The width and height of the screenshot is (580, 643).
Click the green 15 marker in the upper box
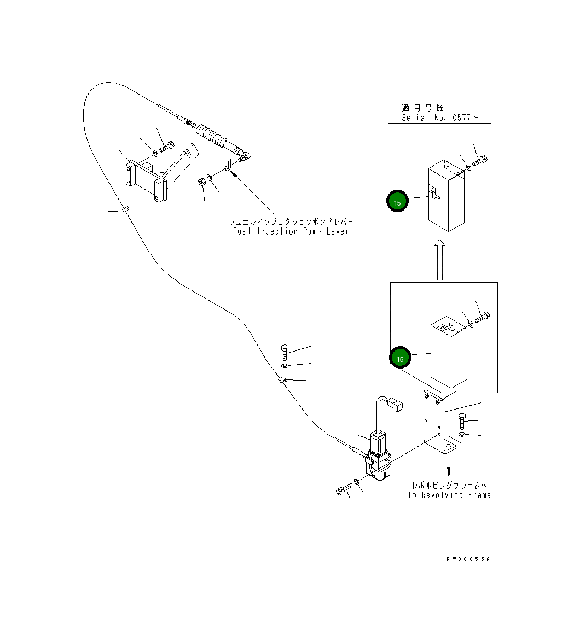[397, 201]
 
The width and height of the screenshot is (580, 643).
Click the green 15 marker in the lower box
[400, 358]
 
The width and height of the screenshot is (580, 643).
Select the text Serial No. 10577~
[440, 118]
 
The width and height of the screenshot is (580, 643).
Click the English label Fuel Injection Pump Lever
[291, 231]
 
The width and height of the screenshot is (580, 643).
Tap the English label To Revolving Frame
[449, 495]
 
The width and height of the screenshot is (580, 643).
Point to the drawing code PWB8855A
[468, 559]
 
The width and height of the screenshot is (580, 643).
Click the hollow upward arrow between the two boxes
[439, 260]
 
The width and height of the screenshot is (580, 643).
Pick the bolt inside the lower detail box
[482, 317]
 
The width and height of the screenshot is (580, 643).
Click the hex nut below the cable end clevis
[201, 182]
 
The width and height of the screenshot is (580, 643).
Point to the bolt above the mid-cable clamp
[285, 353]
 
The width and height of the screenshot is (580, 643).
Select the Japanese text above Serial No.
[422, 108]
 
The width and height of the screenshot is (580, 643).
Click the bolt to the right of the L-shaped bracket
[462, 421]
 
